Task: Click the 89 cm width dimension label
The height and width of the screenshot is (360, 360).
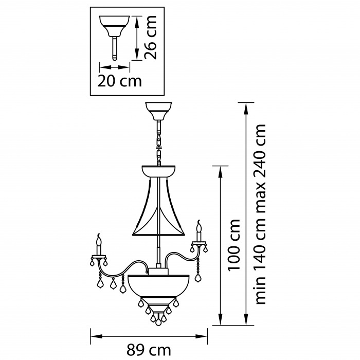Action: point(149,350)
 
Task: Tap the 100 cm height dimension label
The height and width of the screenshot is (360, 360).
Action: point(233,245)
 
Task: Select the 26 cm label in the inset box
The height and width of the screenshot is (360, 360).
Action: point(151,38)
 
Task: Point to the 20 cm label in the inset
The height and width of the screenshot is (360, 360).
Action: point(119,81)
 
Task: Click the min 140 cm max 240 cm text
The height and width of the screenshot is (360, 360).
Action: point(260,214)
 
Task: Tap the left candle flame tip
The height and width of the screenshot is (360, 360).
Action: point(99,235)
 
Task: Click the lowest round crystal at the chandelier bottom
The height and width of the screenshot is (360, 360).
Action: point(158,322)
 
